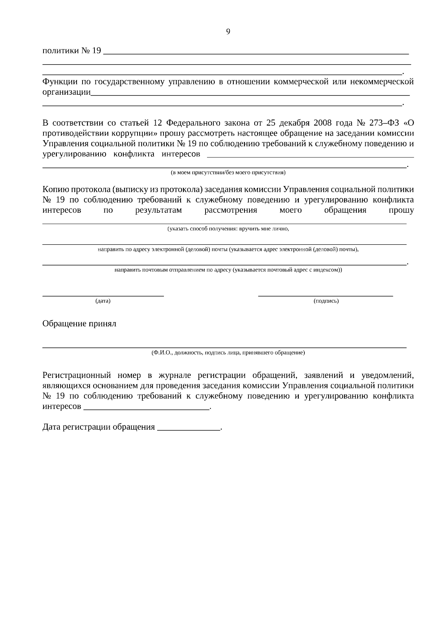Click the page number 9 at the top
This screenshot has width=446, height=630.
(x=228, y=32)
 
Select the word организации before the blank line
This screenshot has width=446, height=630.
(x=67, y=92)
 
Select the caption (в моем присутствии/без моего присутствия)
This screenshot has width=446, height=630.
(x=228, y=173)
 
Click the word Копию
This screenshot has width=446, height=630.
(x=55, y=190)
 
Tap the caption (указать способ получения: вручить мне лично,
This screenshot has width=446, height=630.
(x=228, y=229)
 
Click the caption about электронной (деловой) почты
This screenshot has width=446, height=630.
(x=228, y=249)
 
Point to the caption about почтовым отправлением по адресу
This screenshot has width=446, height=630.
(x=228, y=270)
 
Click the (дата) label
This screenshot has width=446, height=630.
(x=103, y=301)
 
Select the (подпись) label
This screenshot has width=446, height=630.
(x=326, y=301)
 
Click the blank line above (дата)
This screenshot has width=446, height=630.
(x=103, y=296)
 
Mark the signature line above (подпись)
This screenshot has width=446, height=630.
(x=326, y=296)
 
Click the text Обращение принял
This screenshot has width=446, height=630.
(x=79, y=324)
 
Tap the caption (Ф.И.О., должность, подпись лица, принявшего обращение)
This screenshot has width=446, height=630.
(x=228, y=353)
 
